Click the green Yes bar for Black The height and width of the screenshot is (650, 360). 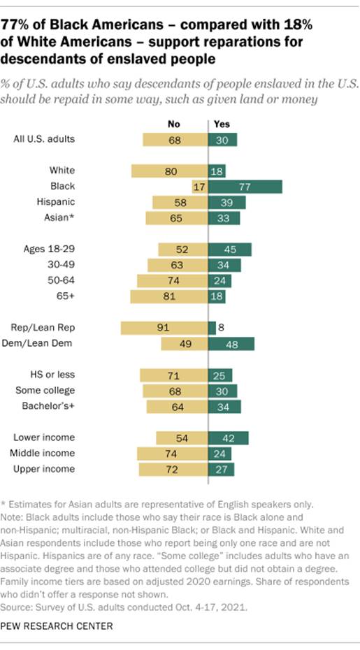tap(245, 187)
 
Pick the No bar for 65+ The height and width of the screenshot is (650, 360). tap(169, 296)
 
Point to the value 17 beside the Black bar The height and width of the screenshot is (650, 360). tap(199, 187)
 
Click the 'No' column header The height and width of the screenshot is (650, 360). tap(174, 124)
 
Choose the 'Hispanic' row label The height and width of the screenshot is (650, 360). tap(57, 202)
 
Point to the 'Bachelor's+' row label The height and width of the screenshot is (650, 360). tap(50, 406)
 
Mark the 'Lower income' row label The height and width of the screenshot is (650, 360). tap(44, 438)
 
